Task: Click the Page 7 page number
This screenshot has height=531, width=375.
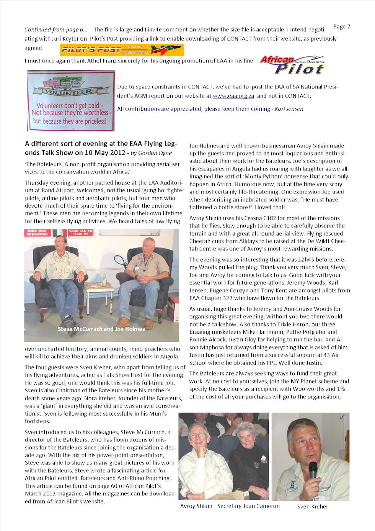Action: pyautogui.click(x=341, y=26)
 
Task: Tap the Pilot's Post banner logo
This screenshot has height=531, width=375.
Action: pyautogui.click(x=122, y=50)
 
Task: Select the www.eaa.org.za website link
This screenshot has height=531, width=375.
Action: pyautogui.click(x=233, y=96)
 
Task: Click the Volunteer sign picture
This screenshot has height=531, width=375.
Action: pyautogui.click(x=71, y=101)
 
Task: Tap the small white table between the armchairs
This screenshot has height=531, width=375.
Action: pyautogui.click(x=99, y=291)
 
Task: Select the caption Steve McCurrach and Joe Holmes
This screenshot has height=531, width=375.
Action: pyautogui.click(x=101, y=329)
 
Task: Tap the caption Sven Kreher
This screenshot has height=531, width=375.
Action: pyautogui.click(x=312, y=506)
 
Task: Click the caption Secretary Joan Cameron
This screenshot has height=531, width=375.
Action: pyautogui.click(x=248, y=506)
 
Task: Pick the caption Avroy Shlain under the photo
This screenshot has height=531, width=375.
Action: pyautogui.click(x=196, y=506)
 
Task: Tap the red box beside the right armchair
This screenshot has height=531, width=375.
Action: pyautogui.click(x=173, y=308)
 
